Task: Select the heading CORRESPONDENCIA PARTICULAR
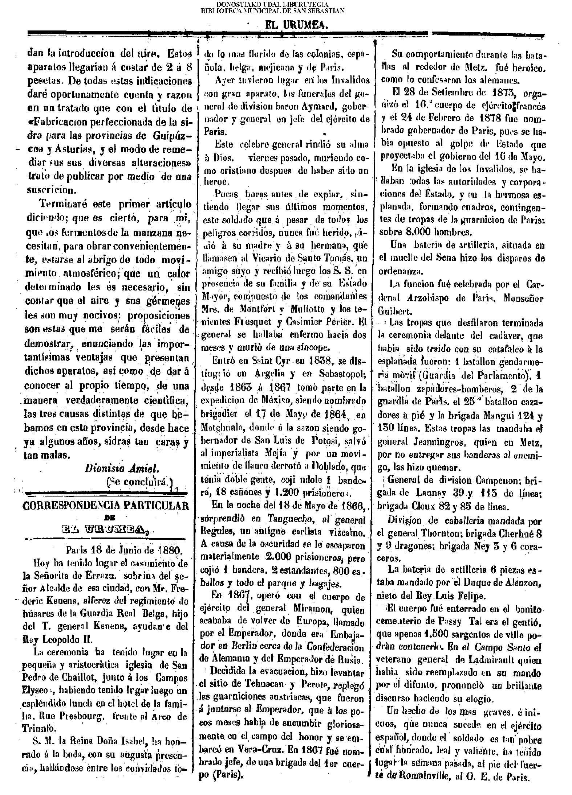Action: [106, 506]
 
